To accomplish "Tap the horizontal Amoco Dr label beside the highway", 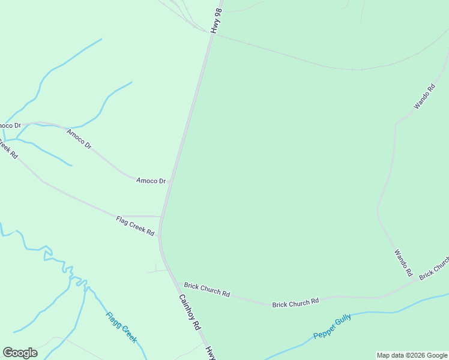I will [x=151, y=180].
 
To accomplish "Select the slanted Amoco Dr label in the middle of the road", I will [x=79, y=139].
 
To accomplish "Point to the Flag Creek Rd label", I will [x=135, y=226].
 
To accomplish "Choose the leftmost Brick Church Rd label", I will [x=207, y=290].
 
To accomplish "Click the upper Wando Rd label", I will [x=424, y=97].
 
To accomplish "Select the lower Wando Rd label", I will [x=403, y=263].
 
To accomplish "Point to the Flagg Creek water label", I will [x=122, y=327].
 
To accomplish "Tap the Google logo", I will [x=20, y=353].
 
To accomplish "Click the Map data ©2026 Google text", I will [x=412, y=356].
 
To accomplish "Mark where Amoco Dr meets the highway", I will [x=172, y=180].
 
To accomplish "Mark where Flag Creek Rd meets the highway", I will [x=161, y=216].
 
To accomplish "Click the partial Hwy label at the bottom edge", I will [x=209, y=353].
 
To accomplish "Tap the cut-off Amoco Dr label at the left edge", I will [x=10, y=125].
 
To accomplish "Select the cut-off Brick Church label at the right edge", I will [x=435, y=268].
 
